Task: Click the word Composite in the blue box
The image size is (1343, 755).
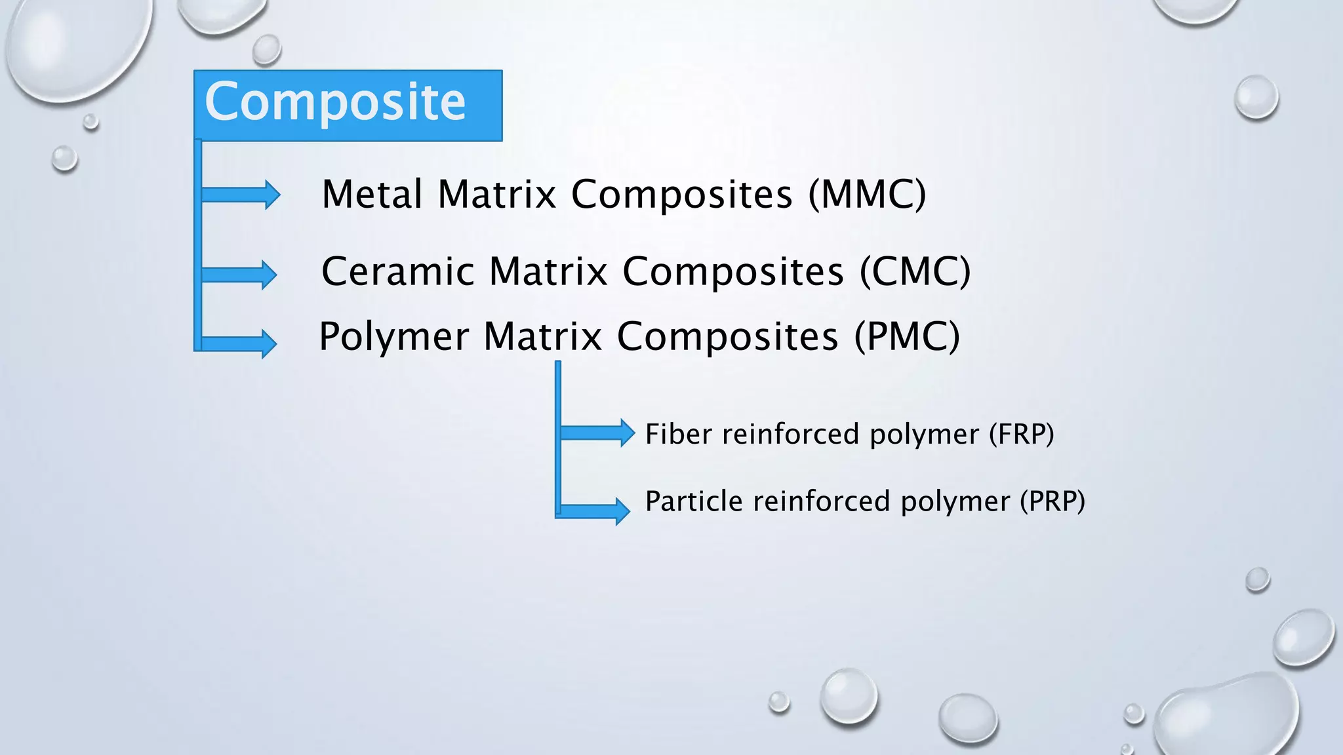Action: pyautogui.click(x=335, y=102)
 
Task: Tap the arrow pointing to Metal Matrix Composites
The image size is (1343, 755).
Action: pyautogui.click(x=241, y=194)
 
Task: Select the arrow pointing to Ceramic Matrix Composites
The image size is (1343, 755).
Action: pyautogui.click(x=239, y=274)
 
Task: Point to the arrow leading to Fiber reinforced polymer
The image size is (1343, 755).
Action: pyautogui.click(x=597, y=433)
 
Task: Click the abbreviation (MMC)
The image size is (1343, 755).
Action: pyautogui.click(x=867, y=195)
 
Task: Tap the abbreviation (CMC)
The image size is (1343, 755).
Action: pyautogui.click(x=915, y=272)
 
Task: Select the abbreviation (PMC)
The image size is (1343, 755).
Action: pyautogui.click(x=907, y=337)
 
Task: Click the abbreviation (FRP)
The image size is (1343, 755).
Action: pyautogui.click(x=1021, y=435)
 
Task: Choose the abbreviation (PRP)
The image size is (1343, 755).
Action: pyautogui.click(x=1052, y=501)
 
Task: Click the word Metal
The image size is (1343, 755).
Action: pyautogui.click(x=372, y=195)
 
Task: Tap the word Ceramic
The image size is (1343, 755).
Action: pyautogui.click(x=397, y=272)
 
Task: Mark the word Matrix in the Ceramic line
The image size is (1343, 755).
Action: pyautogui.click(x=548, y=272)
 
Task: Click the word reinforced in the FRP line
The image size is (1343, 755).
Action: pyautogui.click(x=790, y=435)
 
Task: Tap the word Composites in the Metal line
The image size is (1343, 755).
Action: pyautogui.click(x=682, y=195)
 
